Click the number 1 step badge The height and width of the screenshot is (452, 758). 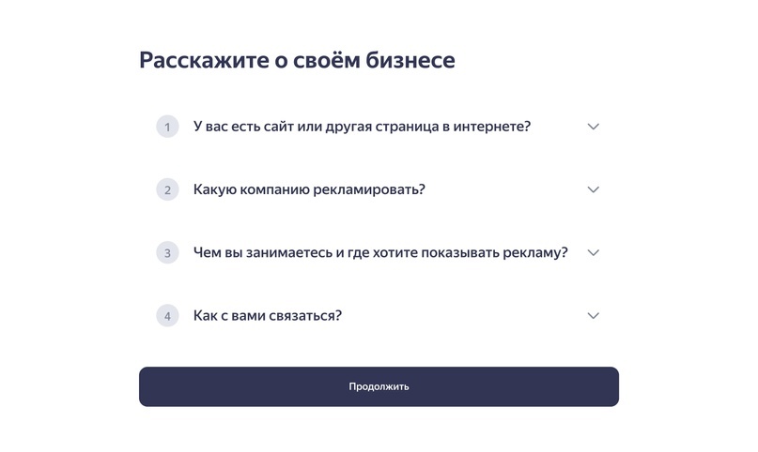(x=167, y=127)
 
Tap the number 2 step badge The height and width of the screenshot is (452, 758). (x=167, y=189)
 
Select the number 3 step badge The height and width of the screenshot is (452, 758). (x=167, y=252)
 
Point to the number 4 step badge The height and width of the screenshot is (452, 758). (x=167, y=316)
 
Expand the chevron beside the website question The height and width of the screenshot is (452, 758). (x=593, y=127)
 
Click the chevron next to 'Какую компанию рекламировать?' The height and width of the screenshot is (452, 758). (x=593, y=189)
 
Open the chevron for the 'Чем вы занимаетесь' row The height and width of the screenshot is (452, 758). (x=593, y=252)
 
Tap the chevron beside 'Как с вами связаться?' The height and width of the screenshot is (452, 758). (x=593, y=316)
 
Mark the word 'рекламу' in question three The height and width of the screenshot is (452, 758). (x=536, y=252)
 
